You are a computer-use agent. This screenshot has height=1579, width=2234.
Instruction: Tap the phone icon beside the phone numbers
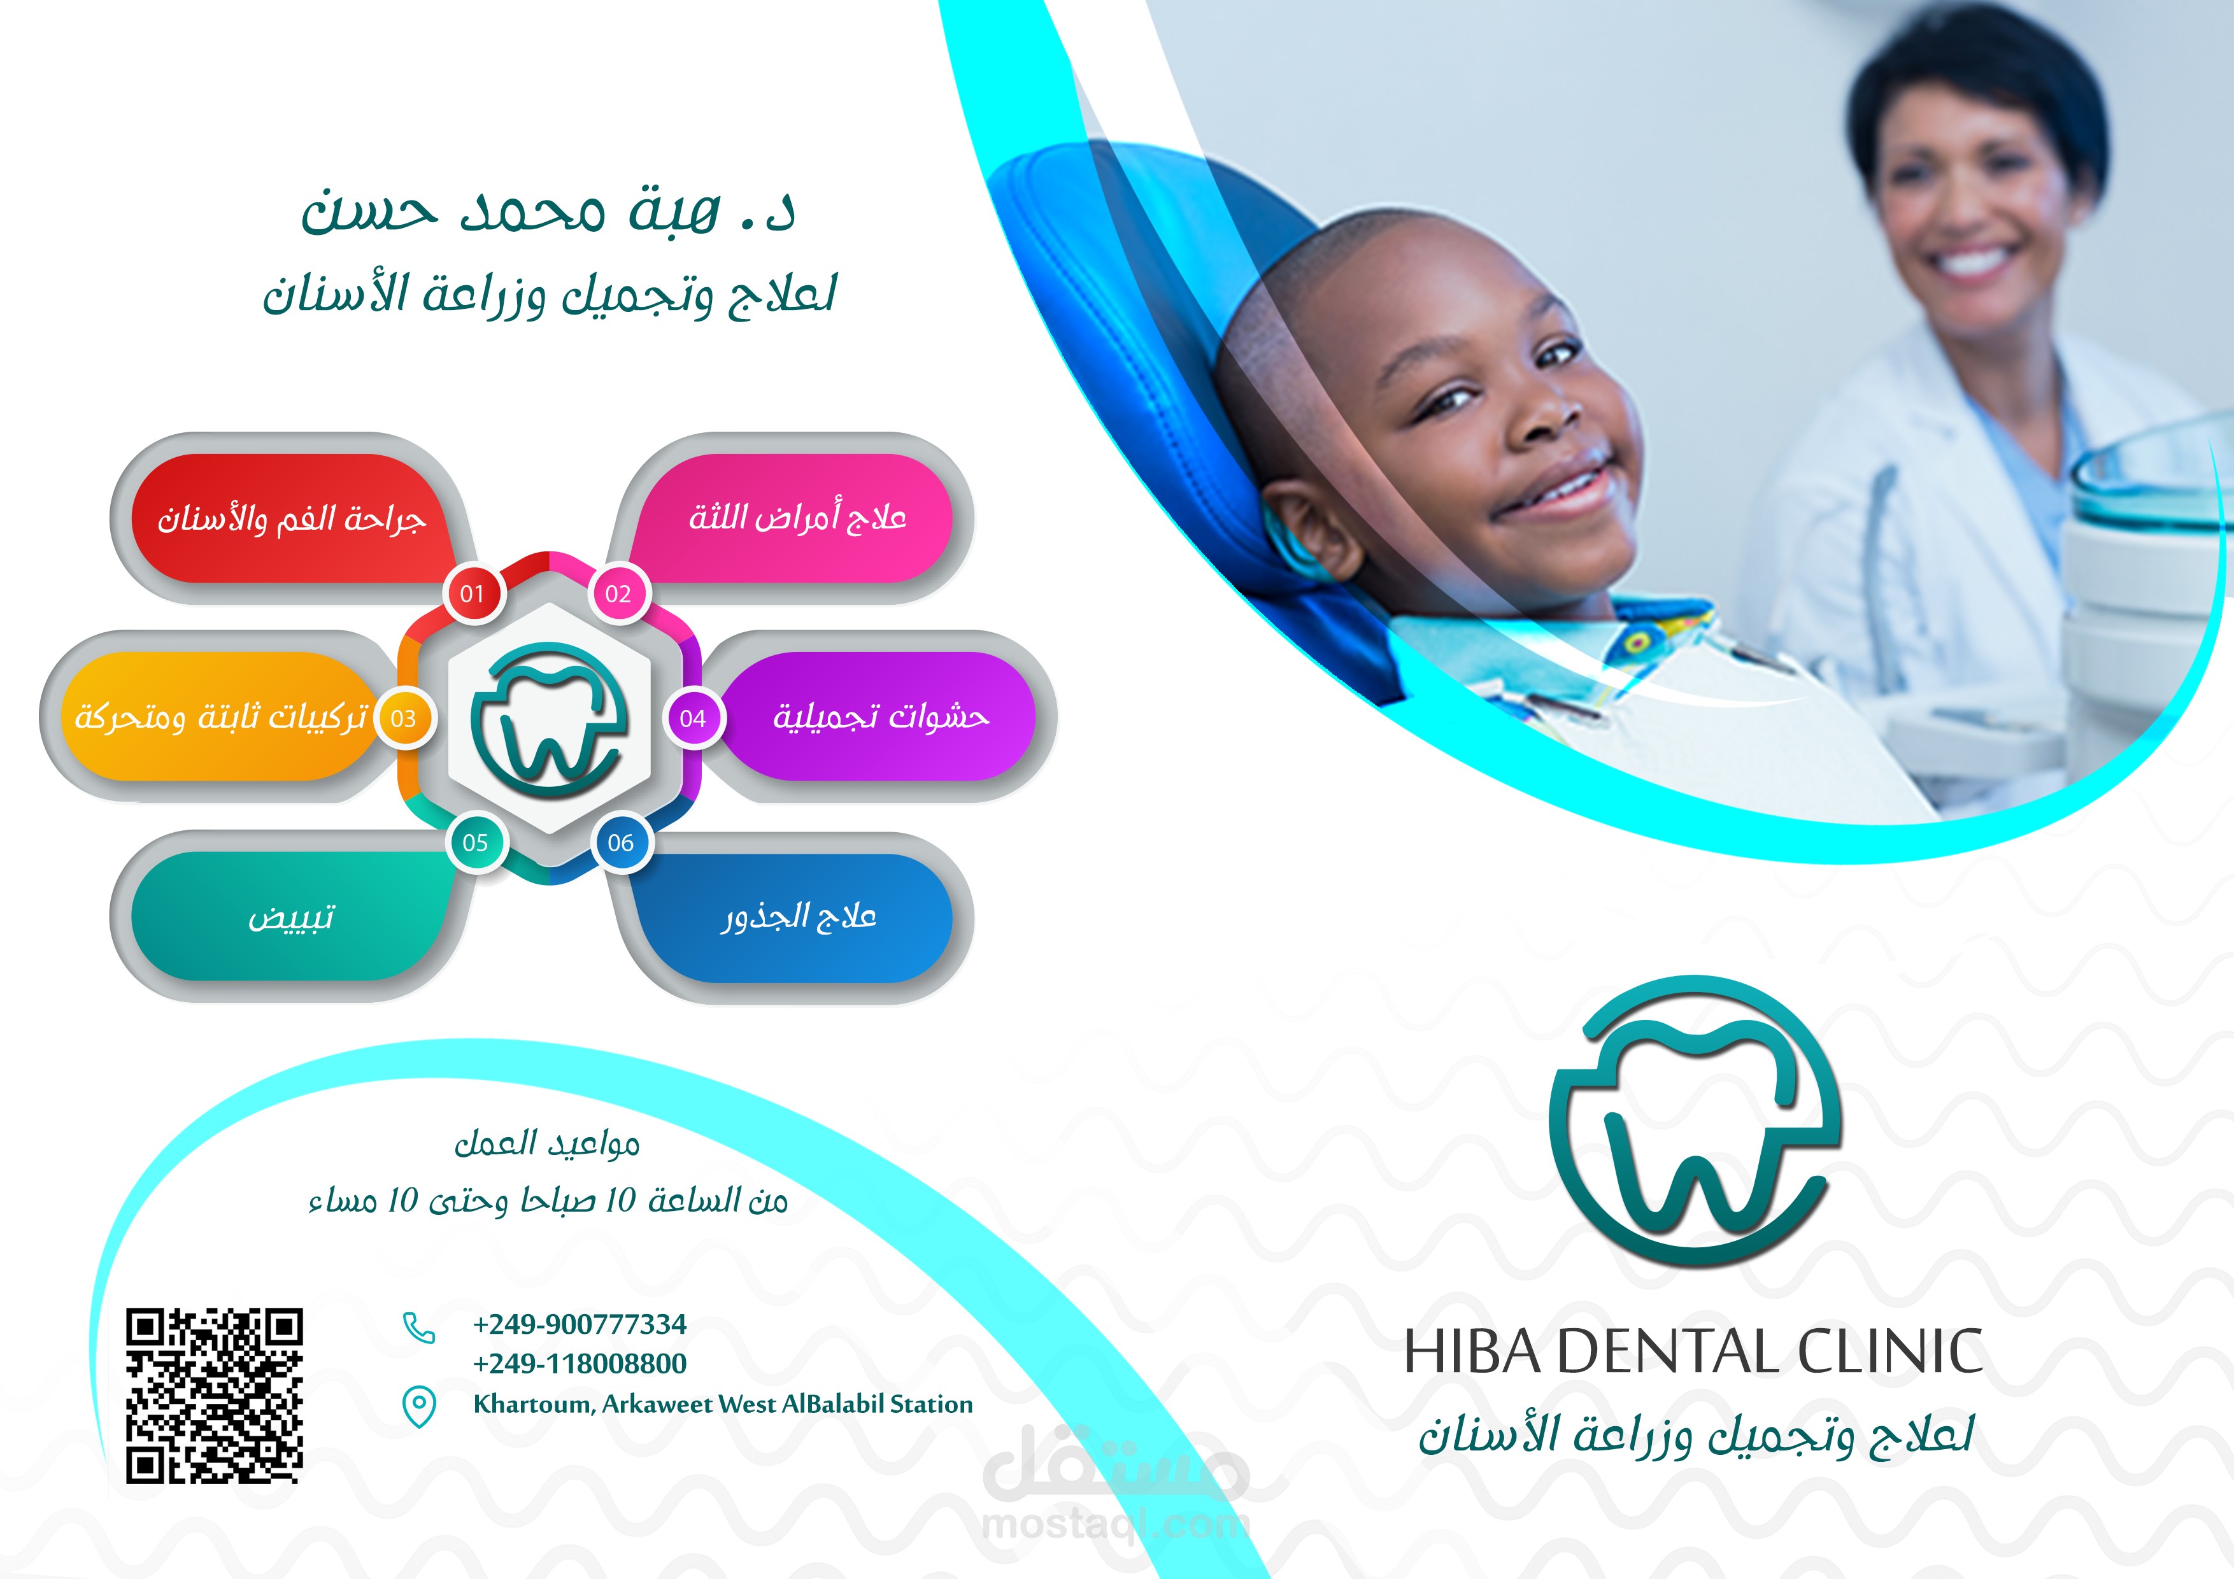coord(418,1327)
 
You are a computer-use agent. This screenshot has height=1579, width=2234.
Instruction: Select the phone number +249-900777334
coord(580,1324)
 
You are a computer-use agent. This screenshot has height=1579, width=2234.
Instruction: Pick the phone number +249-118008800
coord(580,1364)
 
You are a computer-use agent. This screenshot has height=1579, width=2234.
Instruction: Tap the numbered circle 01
coord(473,593)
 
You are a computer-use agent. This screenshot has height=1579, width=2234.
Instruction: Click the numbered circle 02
coord(619,593)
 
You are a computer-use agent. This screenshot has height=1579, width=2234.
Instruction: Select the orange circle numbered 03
coord(404,719)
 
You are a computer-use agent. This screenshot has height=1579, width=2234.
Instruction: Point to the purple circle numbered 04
coord(693,719)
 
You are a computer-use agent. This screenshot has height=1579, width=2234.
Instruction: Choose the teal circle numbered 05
coord(476,842)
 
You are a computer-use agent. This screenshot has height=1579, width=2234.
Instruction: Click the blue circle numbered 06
coord(621,842)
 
